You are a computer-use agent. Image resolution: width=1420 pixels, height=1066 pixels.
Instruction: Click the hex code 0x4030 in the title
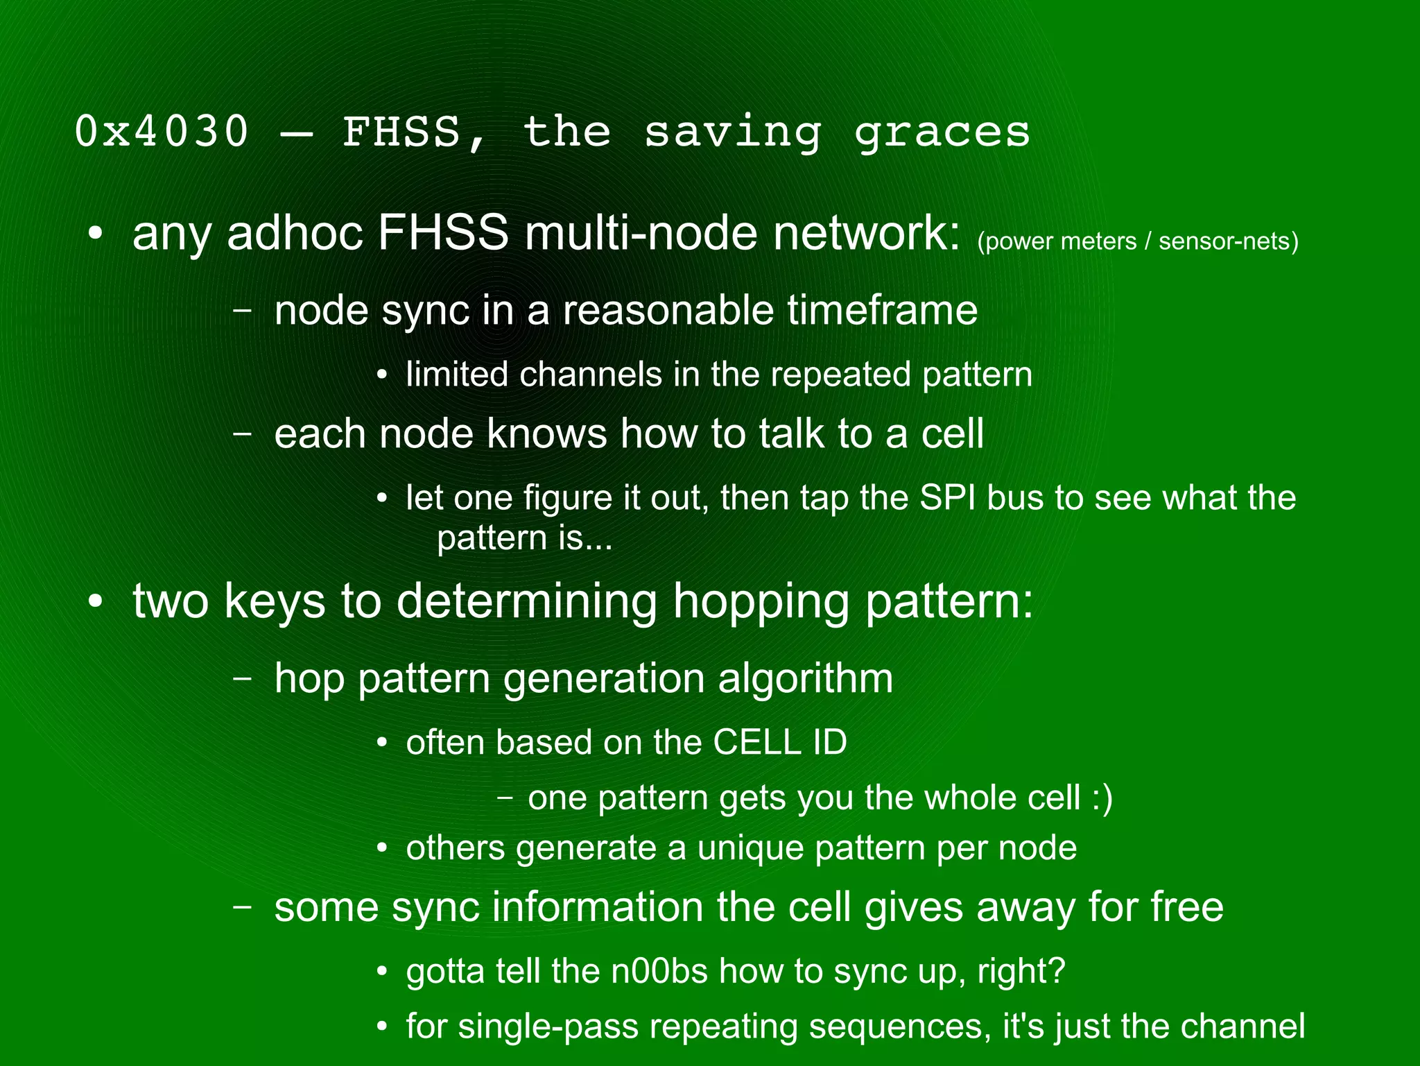pos(161,131)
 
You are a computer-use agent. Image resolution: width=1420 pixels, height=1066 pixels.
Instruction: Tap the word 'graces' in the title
pos(942,132)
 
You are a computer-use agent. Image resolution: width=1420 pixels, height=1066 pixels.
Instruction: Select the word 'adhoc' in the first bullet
pos(295,233)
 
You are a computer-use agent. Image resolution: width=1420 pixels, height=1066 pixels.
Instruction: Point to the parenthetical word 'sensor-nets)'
pos(1228,241)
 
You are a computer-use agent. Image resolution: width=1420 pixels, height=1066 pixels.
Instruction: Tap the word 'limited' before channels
pos(457,375)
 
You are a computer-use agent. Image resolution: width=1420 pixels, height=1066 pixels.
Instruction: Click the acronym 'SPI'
pos(947,497)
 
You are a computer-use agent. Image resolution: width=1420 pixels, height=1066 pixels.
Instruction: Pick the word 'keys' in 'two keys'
pos(275,601)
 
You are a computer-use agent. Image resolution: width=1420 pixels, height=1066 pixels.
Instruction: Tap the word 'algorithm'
pos(805,678)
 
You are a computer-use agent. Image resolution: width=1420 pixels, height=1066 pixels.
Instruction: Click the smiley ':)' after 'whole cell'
pos(1102,798)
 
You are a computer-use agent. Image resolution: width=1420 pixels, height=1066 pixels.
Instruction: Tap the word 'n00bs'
pos(659,971)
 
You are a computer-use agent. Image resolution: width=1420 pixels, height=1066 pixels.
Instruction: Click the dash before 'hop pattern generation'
pos(242,678)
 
